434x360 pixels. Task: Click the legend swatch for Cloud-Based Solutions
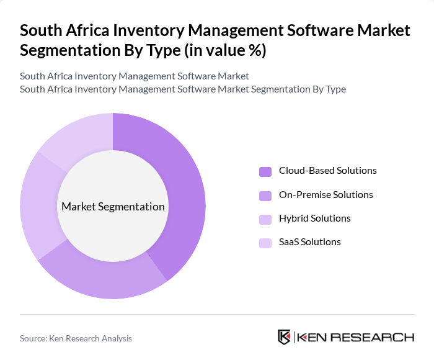click(265, 171)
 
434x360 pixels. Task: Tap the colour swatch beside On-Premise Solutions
click(265, 196)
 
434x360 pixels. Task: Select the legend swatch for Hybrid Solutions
click(265, 219)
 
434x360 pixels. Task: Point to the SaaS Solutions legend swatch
click(265, 243)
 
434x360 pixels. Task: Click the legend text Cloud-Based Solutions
click(327, 171)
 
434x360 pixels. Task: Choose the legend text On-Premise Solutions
click(325, 195)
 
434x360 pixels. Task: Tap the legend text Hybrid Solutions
click(314, 218)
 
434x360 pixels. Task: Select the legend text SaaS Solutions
click(309, 242)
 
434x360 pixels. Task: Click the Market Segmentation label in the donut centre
click(113, 207)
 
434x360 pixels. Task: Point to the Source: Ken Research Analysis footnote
click(76, 338)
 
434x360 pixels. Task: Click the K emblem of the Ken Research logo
click(284, 337)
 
